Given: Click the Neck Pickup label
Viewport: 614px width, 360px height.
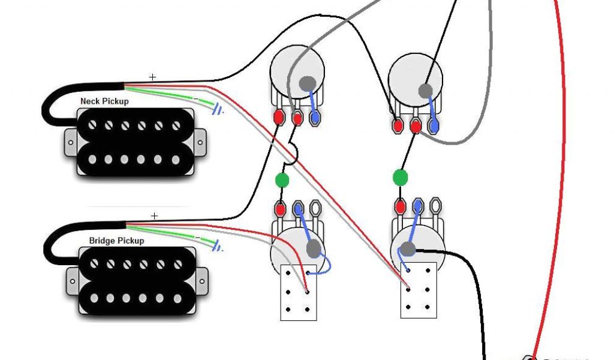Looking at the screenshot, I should (x=104, y=101).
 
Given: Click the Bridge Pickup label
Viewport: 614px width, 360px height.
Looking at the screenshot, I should (x=116, y=241).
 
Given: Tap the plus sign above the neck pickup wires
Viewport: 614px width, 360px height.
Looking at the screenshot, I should (x=152, y=77).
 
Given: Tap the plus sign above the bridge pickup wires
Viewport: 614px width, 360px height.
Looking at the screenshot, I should (x=155, y=215).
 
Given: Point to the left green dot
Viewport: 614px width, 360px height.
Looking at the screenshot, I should (x=281, y=180).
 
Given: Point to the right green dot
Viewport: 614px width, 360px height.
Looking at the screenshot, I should (x=400, y=177).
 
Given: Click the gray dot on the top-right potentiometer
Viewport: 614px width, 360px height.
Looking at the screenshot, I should (x=425, y=91).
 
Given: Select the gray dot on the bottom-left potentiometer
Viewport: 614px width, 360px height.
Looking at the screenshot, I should (x=313, y=248).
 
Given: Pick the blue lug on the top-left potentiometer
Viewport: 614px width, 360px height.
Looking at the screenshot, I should (x=314, y=117).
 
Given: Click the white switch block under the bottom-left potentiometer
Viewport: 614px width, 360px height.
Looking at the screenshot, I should (x=298, y=292).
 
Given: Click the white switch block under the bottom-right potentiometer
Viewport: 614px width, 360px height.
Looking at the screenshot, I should (x=418, y=290).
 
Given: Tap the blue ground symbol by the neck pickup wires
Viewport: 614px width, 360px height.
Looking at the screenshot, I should (x=219, y=109).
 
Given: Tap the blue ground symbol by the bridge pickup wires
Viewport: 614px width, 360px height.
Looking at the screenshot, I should (x=217, y=246).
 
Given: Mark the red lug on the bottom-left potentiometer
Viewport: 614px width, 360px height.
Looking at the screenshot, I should (x=280, y=209).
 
